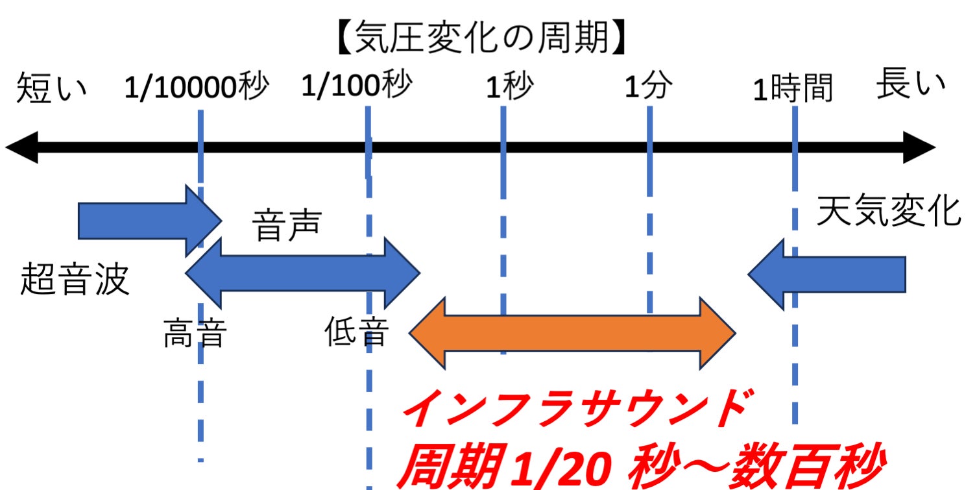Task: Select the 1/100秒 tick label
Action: click(x=356, y=86)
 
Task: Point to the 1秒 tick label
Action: click(x=509, y=88)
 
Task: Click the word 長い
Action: click(x=910, y=86)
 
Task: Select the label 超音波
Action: click(x=75, y=280)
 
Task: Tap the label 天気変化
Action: click(x=888, y=211)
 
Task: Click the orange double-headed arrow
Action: click(x=572, y=333)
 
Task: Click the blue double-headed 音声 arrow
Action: click(x=302, y=273)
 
